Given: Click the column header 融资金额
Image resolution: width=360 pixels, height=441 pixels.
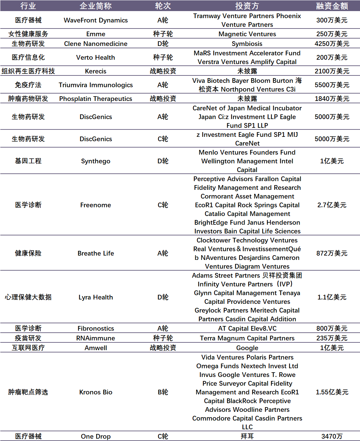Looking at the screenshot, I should [x=332, y=6].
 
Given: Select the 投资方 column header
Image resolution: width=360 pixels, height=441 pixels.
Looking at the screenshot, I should [x=247, y=6].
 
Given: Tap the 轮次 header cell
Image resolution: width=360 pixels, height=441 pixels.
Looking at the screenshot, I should [x=163, y=6].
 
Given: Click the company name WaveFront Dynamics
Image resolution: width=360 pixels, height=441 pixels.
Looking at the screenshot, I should [x=96, y=20].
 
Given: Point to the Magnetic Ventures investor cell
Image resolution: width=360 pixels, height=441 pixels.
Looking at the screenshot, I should [x=247, y=34].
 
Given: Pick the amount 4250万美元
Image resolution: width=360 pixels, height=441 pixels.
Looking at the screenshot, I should [x=332, y=44].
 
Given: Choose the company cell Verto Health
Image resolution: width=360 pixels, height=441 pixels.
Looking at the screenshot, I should [x=96, y=58].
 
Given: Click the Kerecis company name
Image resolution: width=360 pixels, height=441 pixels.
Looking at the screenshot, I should [x=96, y=71].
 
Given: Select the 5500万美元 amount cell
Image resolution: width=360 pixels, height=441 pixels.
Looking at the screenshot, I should [x=332, y=85].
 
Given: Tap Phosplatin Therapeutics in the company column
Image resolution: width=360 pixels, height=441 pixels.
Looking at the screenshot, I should [x=96, y=99].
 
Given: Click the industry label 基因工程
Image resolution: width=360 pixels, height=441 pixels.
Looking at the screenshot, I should [x=28, y=161].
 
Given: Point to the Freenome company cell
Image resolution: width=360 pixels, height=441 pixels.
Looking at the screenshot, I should [x=96, y=205].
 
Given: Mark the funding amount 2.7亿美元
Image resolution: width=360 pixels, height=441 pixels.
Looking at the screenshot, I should [x=332, y=205].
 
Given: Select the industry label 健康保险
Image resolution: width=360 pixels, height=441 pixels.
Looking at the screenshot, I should [x=28, y=254].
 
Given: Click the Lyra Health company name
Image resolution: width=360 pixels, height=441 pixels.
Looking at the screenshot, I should [x=96, y=297].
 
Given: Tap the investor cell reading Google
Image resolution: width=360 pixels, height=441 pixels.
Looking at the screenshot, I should [x=247, y=348].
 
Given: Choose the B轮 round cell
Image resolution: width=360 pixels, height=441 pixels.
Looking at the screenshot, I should [x=163, y=392].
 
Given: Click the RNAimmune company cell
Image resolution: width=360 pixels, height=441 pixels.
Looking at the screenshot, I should [x=96, y=338].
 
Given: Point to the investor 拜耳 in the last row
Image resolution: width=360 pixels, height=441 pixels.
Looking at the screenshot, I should [x=247, y=437].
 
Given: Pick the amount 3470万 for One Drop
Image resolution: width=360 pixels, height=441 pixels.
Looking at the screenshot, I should [x=332, y=437].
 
